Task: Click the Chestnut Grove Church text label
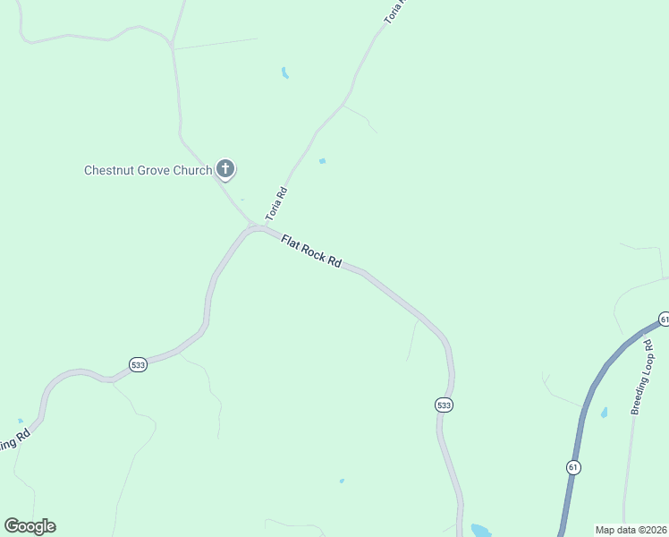coord(148,170)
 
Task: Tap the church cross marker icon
coord(225,168)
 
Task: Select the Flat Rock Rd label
coord(311,251)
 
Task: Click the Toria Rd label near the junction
coord(275,205)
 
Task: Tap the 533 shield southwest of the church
coord(138,365)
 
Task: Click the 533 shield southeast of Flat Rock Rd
coord(445,405)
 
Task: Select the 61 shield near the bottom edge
coord(573,467)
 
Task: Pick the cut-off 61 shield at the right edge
coord(664,320)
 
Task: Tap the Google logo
coord(30,526)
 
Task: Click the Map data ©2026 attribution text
coord(631,530)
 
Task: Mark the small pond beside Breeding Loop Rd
coord(605,413)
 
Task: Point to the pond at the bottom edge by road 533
coord(480,530)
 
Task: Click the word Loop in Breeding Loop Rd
coord(644,374)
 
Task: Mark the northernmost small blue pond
coord(284,72)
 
